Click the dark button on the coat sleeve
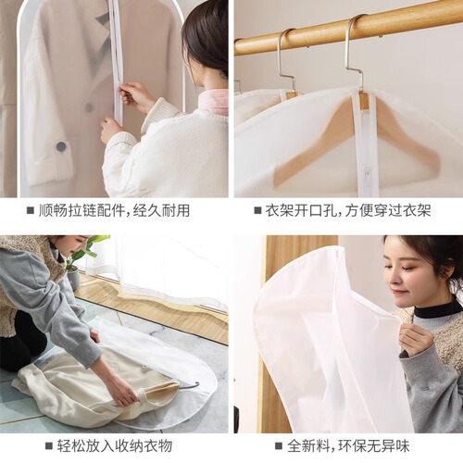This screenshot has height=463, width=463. point(61,146)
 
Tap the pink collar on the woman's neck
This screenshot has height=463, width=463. point(214,101)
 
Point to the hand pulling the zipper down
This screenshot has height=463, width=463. point(135,95)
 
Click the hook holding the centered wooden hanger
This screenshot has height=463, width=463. point(354,56)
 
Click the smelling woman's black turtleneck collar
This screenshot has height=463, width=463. point(435,310)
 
